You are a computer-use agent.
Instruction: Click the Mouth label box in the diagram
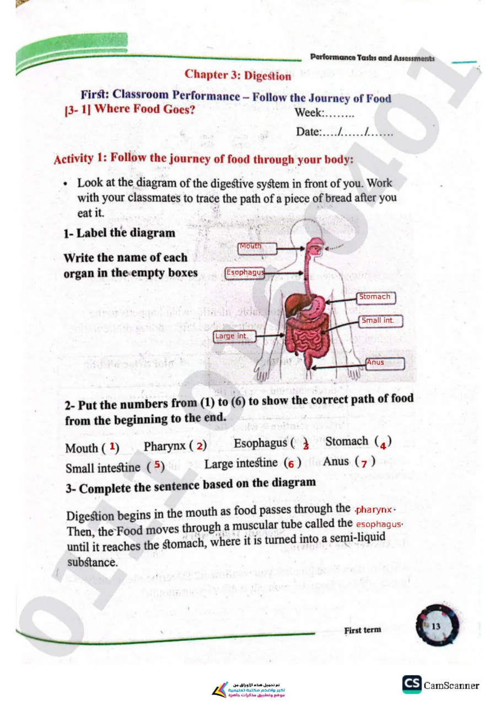pyautogui.click(x=257, y=248)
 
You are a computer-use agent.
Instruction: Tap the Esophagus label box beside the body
pyautogui.click(x=245, y=273)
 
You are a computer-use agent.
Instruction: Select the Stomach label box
pyautogui.click(x=376, y=297)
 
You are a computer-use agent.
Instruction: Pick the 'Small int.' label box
pyautogui.click(x=380, y=321)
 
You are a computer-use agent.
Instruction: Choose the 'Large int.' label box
pyautogui.click(x=234, y=336)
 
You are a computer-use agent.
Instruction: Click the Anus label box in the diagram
pyautogui.click(x=385, y=363)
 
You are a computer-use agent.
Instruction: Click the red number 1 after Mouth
pyautogui.click(x=112, y=446)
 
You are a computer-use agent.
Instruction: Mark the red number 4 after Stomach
pyautogui.click(x=382, y=445)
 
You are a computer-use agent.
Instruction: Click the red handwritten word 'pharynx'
pyautogui.click(x=374, y=510)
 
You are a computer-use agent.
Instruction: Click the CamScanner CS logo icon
pyautogui.click(x=412, y=684)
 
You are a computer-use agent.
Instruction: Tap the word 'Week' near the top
pyautogui.click(x=309, y=112)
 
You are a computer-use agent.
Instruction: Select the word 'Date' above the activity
pyautogui.click(x=308, y=132)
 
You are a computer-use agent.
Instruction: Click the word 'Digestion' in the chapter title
pyautogui.click(x=268, y=76)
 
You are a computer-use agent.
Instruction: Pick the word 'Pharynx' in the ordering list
pyautogui.click(x=165, y=446)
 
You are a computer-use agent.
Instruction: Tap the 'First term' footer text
pyautogui.click(x=363, y=630)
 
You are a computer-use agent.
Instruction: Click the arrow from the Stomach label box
pyautogui.click(x=341, y=300)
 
